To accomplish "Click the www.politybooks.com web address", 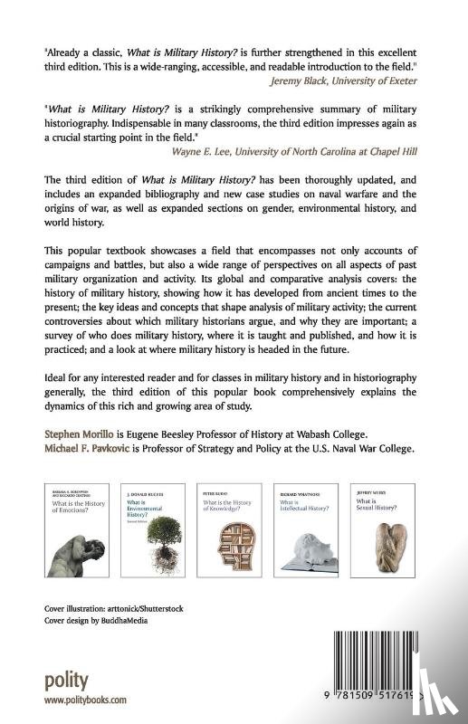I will tap(85, 700).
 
